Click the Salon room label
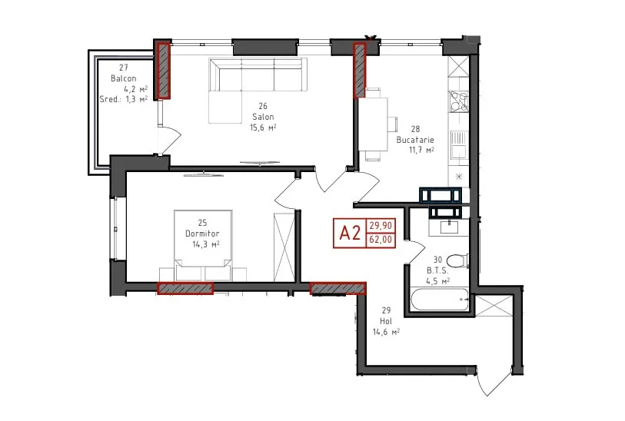[x=263, y=117]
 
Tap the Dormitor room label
[x=202, y=234]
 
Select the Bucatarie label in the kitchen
[x=415, y=140]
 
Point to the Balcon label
[x=124, y=78]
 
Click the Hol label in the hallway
[x=386, y=321]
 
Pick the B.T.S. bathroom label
[x=437, y=270]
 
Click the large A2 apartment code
[x=350, y=233]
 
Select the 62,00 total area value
[x=381, y=240]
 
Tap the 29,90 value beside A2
[x=381, y=226]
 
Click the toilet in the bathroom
[x=457, y=261]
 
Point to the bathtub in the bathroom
[x=440, y=299]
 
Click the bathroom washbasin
[x=449, y=227]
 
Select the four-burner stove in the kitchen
[x=458, y=101]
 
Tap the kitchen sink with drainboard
[x=458, y=145]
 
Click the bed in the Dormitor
[x=203, y=245]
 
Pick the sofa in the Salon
[x=258, y=91]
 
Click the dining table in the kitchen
[x=373, y=124]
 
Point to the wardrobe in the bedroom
[x=284, y=247]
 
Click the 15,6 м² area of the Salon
[x=263, y=128]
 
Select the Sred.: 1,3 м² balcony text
[x=124, y=99]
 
